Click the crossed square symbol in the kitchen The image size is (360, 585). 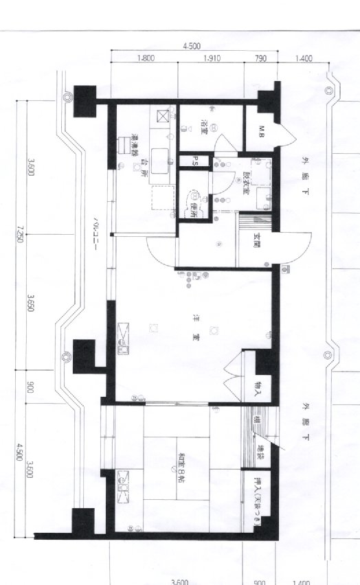[x=164, y=115]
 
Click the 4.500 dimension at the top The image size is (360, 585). [x=192, y=46]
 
